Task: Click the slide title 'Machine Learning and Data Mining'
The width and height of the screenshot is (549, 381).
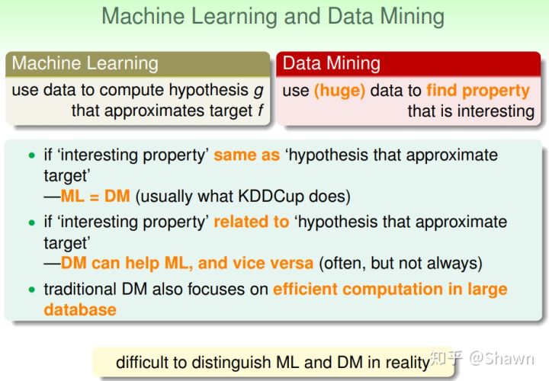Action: (273, 17)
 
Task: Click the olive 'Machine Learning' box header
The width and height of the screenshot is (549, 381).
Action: (137, 64)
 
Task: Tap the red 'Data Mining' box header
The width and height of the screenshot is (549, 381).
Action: (408, 64)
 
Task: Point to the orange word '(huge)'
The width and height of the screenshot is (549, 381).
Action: (339, 91)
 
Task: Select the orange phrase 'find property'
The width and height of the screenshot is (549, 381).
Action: (478, 91)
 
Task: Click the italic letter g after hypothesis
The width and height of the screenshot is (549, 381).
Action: (258, 91)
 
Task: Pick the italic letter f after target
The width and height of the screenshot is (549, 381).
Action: (260, 110)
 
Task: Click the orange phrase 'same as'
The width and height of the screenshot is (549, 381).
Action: (247, 155)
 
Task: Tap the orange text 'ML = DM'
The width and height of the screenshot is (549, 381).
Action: (95, 196)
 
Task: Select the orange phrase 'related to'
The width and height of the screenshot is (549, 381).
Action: (252, 222)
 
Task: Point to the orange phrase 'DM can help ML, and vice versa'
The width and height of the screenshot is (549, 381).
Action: (187, 263)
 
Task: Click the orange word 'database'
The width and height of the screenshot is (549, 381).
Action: (80, 310)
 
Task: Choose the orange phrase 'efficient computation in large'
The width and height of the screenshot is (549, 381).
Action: (390, 290)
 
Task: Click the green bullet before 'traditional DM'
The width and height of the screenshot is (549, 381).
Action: (32, 290)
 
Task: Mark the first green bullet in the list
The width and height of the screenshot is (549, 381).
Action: (32, 155)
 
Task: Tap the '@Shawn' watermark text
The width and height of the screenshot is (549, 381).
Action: (502, 359)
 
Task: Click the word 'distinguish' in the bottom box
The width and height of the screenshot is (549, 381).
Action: (231, 363)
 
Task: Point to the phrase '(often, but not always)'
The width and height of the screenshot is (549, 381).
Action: (400, 264)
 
